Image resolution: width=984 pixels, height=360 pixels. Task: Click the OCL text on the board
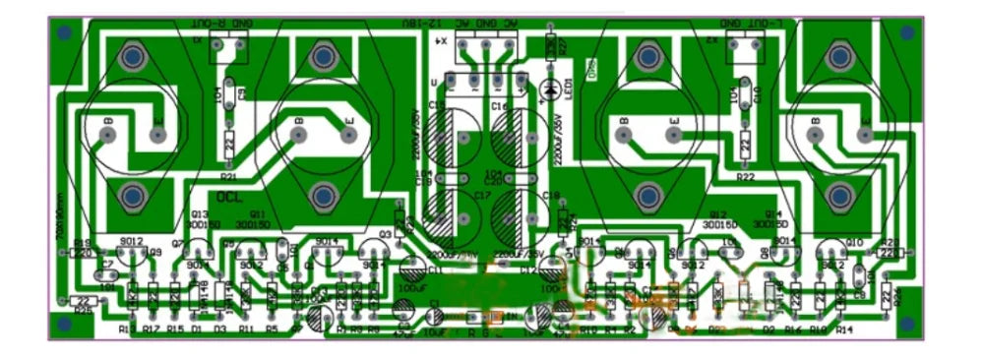[229, 198]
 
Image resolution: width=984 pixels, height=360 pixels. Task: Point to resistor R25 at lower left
[86, 301]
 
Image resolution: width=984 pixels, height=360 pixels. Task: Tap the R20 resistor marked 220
[887, 253]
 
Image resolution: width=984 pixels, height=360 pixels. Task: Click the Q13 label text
[200, 213]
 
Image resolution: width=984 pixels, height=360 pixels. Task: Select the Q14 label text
[772, 213]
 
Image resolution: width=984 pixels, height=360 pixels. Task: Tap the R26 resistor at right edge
[888, 296]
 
